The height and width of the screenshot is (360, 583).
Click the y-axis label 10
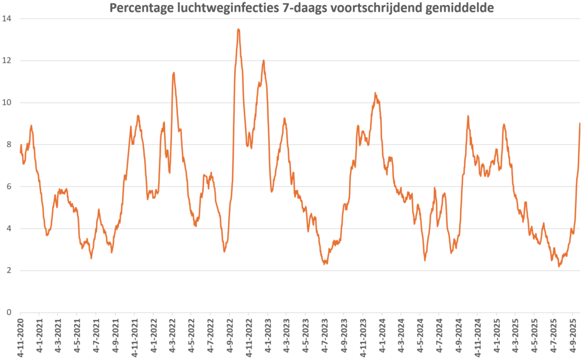[8, 103]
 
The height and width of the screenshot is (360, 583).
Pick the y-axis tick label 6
[10, 187]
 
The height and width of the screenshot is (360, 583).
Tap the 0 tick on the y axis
[10, 312]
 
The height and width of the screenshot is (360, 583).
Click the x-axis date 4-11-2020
[20, 337]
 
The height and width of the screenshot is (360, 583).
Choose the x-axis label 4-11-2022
[248, 337]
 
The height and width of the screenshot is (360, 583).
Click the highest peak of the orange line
[238, 29]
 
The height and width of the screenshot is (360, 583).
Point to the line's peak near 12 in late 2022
[264, 60]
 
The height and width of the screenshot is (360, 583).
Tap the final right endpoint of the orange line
[580, 124]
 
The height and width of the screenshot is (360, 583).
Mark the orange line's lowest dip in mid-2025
[559, 266]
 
